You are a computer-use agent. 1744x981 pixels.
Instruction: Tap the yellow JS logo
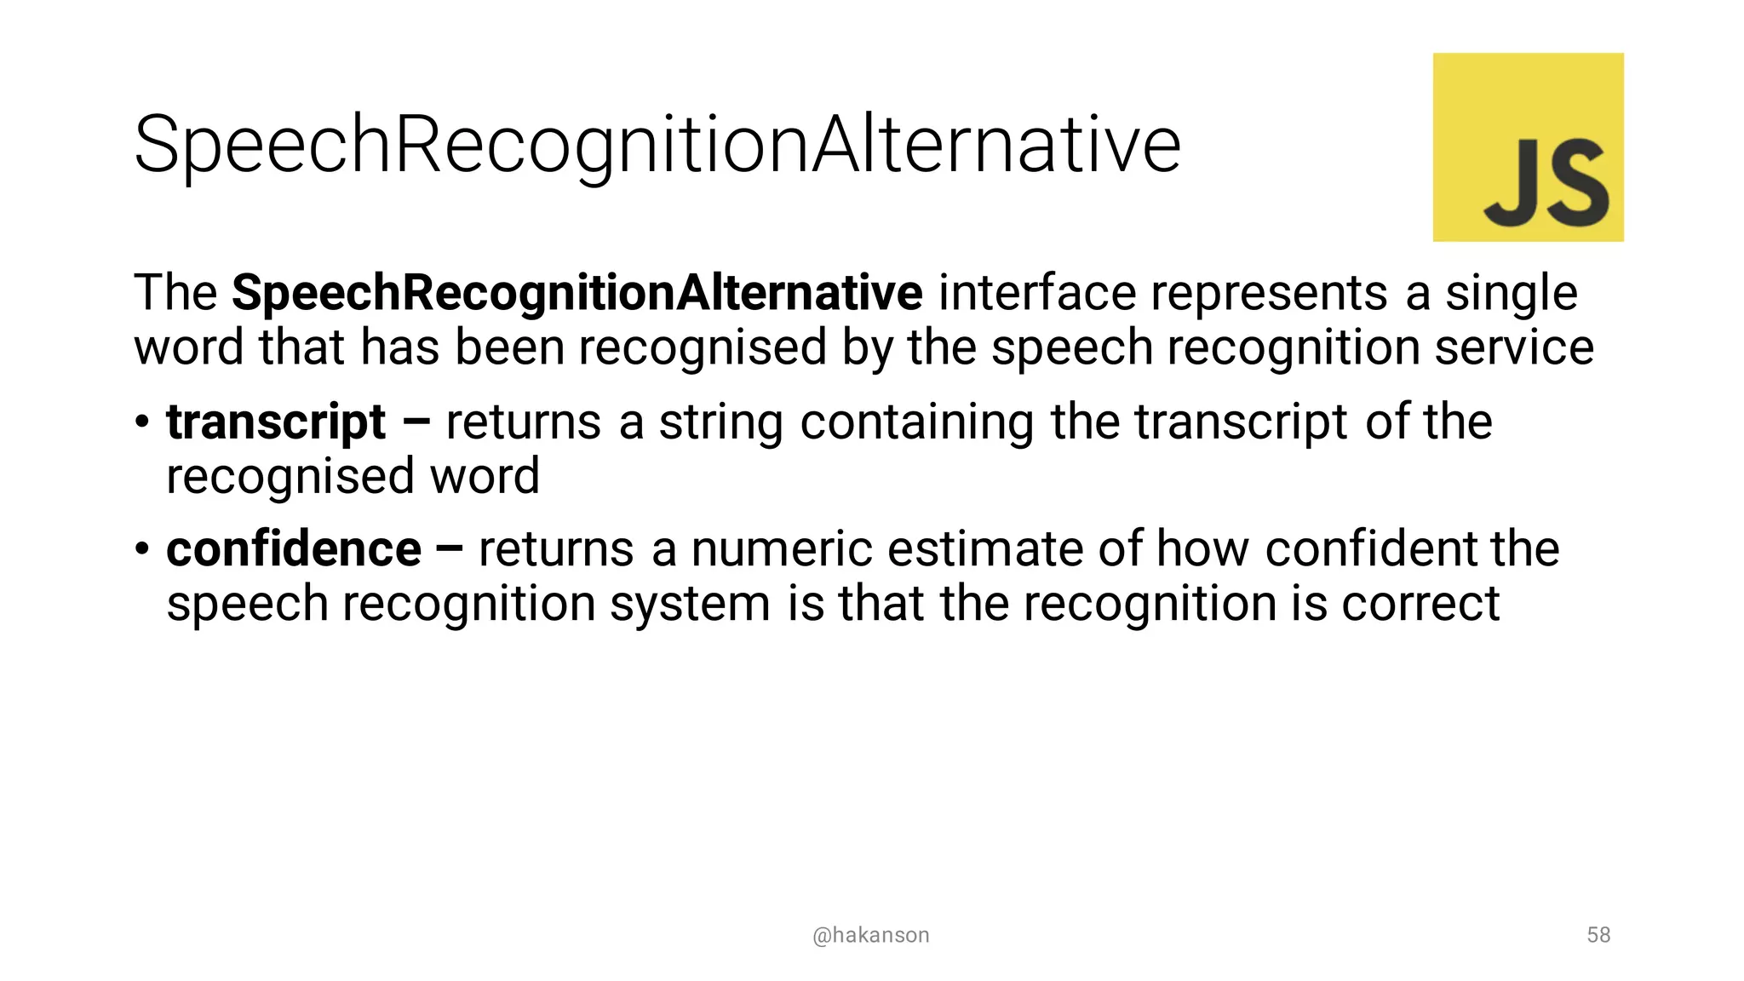coord(1528,146)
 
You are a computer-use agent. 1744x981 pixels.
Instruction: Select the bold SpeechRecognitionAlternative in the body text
coord(577,293)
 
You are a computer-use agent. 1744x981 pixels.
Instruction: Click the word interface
coord(1036,293)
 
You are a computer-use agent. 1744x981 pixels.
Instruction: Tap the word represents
coord(1270,293)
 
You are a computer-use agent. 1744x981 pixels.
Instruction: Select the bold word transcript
coord(276,423)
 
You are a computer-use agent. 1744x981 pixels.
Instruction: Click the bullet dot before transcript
coord(142,422)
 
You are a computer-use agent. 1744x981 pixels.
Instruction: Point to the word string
coord(720,423)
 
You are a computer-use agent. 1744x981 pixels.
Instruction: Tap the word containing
coord(916,423)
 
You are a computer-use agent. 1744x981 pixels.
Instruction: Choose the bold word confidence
coord(294,549)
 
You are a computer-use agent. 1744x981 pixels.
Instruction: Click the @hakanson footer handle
coord(870,935)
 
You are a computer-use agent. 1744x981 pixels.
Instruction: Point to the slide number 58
coord(1598,935)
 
